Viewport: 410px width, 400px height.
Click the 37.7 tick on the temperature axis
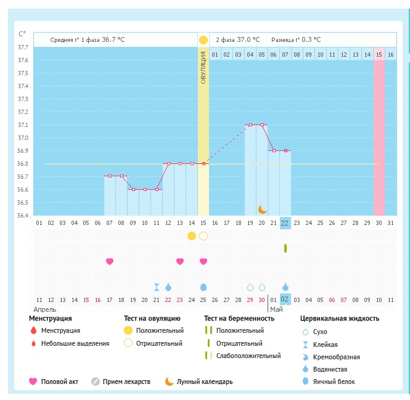click(22, 47)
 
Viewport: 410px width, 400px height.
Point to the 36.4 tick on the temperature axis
click(22, 216)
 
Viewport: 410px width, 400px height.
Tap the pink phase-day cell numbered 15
click(379, 55)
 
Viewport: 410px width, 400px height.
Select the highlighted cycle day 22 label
click(285, 222)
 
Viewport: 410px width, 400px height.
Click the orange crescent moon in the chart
click(262, 210)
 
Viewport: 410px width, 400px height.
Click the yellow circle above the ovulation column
click(203, 40)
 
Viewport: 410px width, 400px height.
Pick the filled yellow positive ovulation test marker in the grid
click(192, 236)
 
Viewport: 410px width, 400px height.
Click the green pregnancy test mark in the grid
click(285, 248)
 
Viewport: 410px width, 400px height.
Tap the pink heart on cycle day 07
click(110, 261)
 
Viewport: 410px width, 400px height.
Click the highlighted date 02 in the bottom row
click(285, 300)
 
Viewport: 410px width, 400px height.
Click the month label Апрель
click(45, 309)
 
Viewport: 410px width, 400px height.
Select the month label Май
click(276, 309)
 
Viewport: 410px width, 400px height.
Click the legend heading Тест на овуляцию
click(152, 319)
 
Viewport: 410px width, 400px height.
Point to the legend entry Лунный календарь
click(205, 382)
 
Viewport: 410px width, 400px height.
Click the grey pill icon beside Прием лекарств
click(95, 382)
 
